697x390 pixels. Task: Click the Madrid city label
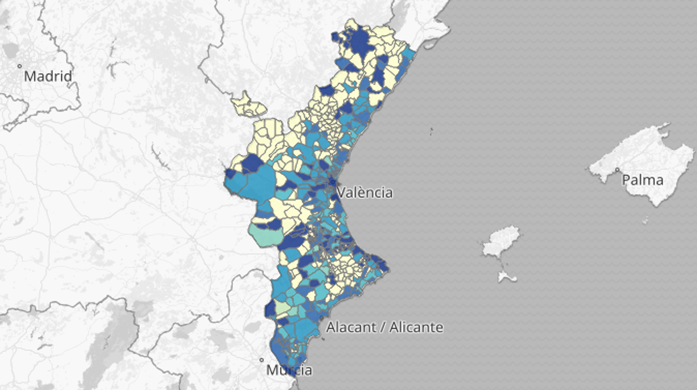coord(48,76)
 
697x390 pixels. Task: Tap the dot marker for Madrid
coord(20,66)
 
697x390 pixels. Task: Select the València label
coord(365,193)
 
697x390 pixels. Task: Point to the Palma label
coord(643,180)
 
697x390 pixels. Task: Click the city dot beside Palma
coord(618,170)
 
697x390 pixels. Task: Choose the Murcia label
coord(289,370)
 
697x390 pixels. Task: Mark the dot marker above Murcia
coord(261,360)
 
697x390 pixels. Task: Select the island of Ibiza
coord(500,241)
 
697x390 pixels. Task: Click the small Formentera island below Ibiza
coord(507,276)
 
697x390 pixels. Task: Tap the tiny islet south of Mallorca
coord(645,221)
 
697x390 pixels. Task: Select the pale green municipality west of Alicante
coord(283,307)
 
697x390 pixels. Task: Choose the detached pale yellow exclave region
coord(248,106)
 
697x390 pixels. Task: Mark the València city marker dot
coord(332,182)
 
